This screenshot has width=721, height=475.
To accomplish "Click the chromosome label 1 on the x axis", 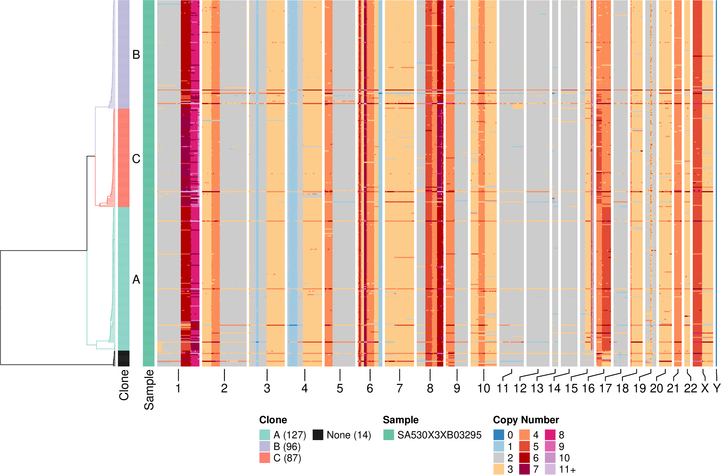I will pyautogui.click(x=178, y=388).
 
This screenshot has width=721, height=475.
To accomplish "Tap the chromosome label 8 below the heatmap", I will pyautogui.click(x=430, y=388).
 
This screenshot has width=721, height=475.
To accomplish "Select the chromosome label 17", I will pyautogui.click(x=605, y=388).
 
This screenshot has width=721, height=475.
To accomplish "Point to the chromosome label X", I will pyautogui.click(x=705, y=388).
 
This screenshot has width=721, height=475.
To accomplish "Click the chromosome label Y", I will pyautogui.click(x=716, y=388).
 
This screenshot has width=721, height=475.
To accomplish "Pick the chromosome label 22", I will pyautogui.click(x=690, y=388).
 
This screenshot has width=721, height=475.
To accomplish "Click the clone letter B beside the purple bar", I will pyautogui.click(x=136, y=54).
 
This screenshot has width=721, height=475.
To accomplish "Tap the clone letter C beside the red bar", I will pyautogui.click(x=136, y=159).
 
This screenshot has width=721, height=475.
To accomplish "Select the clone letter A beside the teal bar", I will pyautogui.click(x=136, y=279).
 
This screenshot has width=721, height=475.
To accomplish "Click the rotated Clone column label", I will pyautogui.click(x=124, y=385).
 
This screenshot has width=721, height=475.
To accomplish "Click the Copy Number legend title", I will pyautogui.click(x=526, y=420).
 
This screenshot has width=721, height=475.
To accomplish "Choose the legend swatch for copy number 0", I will pyautogui.click(x=499, y=435).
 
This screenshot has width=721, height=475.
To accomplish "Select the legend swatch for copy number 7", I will pyautogui.click(x=524, y=469).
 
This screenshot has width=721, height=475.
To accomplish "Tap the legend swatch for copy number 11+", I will pyautogui.click(x=550, y=469).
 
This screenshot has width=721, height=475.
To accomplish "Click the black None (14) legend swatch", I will pyautogui.click(x=317, y=435).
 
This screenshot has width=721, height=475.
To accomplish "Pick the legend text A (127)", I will pyautogui.click(x=289, y=435).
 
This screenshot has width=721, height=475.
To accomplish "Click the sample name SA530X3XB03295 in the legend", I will pyautogui.click(x=439, y=435).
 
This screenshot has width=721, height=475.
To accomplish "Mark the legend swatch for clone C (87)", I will pyautogui.click(x=265, y=458).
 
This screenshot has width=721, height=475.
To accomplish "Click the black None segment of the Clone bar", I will pyautogui.click(x=123, y=358).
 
